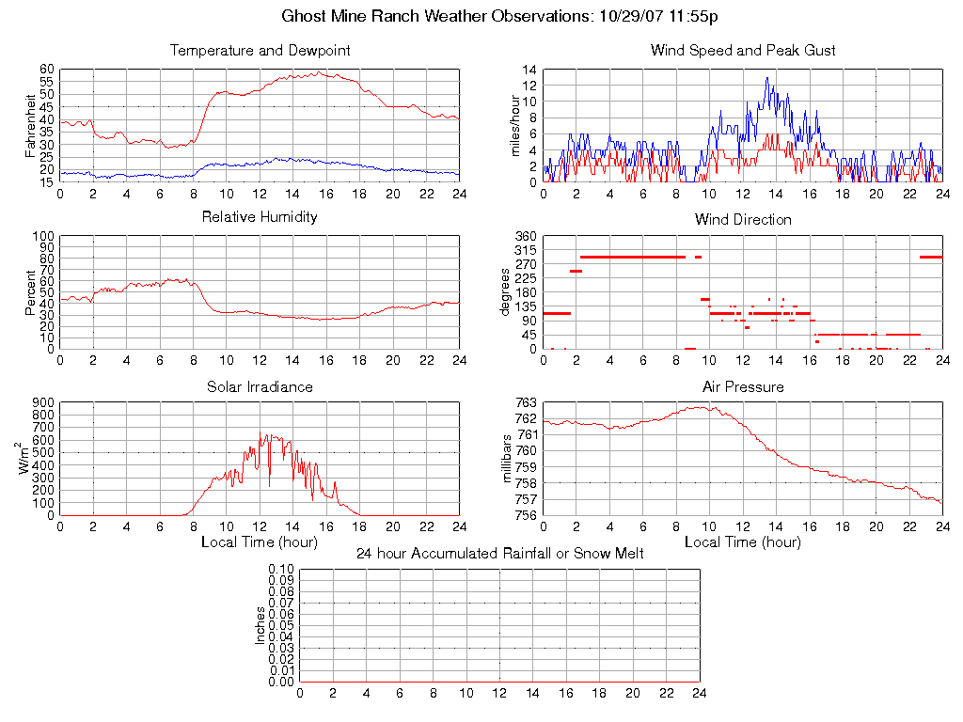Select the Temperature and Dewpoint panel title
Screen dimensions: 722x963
pyautogui.click(x=260, y=51)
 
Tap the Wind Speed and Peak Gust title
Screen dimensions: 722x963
pyautogui.click(x=743, y=51)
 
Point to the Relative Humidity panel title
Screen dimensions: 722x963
pyautogui.click(x=260, y=217)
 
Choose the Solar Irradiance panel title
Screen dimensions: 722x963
pyautogui.click(x=260, y=386)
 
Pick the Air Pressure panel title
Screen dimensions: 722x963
pyautogui.click(x=743, y=386)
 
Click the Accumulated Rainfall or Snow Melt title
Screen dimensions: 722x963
pyautogui.click(x=499, y=554)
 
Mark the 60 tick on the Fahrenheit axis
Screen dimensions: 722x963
pyautogui.click(x=46, y=70)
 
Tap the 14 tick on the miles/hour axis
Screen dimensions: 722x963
pyautogui.click(x=529, y=71)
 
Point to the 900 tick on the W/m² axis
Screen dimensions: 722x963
pyautogui.click(x=43, y=402)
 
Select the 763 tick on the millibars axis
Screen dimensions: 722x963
pyautogui.click(x=526, y=402)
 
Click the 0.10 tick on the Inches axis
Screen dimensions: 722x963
pyautogui.click(x=281, y=569)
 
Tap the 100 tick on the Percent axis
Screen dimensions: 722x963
pyautogui.click(x=43, y=236)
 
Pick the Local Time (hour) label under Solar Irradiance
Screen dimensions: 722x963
pyautogui.click(x=260, y=541)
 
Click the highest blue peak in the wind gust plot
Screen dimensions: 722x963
pyautogui.click(x=766, y=78)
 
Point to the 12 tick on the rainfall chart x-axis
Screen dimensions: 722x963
pyautogui.click(x=499, y=693)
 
